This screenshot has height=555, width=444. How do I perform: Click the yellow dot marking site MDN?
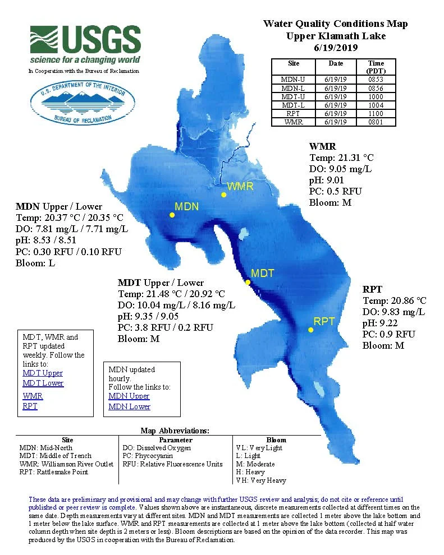tap(172, 215)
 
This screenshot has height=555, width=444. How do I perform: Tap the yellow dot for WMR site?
tap(223, 195)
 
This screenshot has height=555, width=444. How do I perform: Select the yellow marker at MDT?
tap(248, 282)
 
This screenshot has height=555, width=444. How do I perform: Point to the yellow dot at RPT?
tap(310, 330)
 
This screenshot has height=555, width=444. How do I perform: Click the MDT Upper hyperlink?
tap(43, 373)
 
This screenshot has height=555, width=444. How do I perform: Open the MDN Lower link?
tap(129, 406)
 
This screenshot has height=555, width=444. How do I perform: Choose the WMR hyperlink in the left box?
tap(33, 396)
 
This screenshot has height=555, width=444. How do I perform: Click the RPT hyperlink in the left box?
tap(30, 406)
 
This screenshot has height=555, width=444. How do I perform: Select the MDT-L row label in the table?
tap(294, 105)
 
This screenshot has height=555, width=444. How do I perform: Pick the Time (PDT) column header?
tap(376, 67)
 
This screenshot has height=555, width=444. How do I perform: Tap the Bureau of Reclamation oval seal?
tap(83, 103)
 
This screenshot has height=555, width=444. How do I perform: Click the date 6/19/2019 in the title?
tap(336, 48)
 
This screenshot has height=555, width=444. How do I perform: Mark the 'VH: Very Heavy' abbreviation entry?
tap(261, 480)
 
